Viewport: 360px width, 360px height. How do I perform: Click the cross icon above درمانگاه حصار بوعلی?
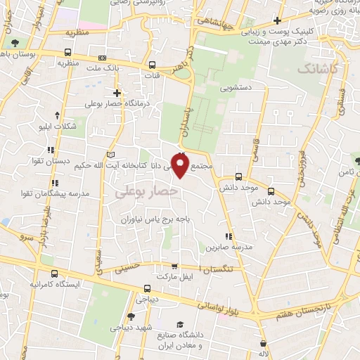coord(117,93)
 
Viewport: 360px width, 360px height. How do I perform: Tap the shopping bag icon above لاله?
coord(264,343)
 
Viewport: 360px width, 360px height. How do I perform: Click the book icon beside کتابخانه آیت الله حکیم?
coord(108,155)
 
